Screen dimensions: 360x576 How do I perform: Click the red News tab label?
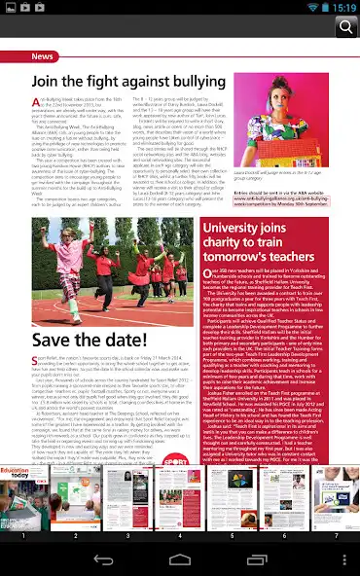(43, 56)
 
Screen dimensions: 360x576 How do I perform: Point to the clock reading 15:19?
(343, 7)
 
